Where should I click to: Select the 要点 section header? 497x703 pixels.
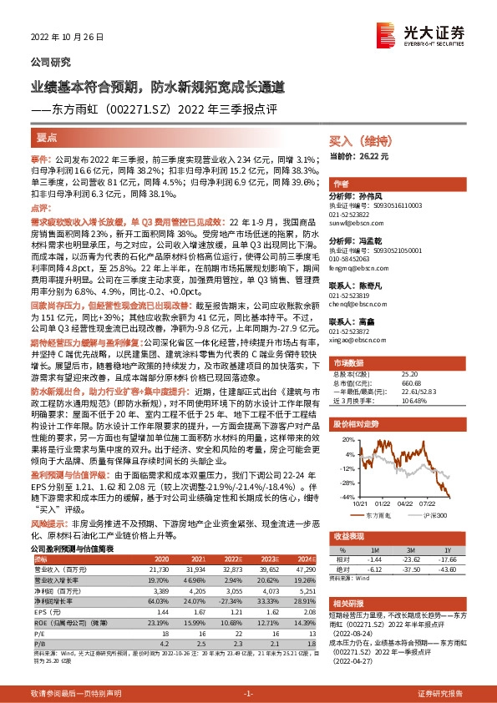pyautogui.click(x=47, y=136)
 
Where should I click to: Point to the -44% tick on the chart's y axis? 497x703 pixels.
pyautogui.click(x=341, y=497)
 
